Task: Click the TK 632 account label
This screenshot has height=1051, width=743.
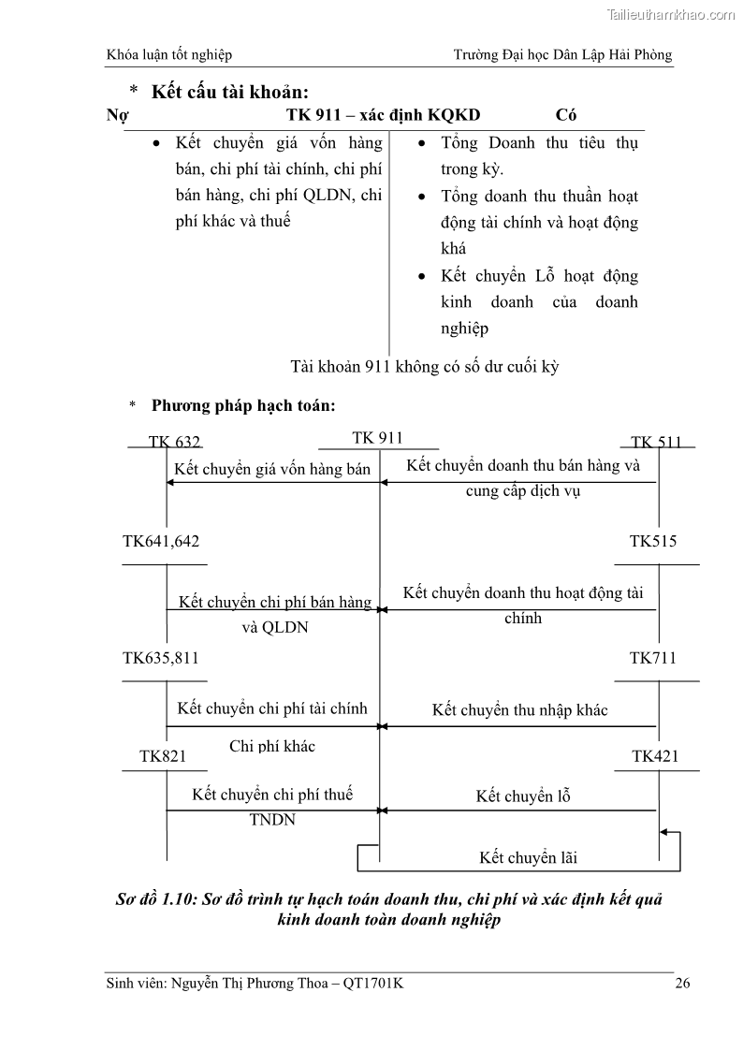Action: (174, 443)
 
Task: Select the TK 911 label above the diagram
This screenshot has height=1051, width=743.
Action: (377, 438)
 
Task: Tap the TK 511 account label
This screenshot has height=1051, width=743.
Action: (656, 443)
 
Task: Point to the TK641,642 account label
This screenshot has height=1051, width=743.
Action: (161, 542)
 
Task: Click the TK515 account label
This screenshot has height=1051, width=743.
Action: (653, 542)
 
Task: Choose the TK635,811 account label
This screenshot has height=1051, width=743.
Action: (161, 658)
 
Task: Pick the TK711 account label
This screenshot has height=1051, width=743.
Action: (653, 658)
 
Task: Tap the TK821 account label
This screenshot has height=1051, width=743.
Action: (163, 756)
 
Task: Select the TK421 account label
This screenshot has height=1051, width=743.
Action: (655, 756)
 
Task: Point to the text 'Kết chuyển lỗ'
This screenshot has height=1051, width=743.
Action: (523, 796)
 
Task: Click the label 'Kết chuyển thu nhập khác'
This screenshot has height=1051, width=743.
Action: (519, 710)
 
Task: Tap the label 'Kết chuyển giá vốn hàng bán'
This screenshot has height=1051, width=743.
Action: (272, 469)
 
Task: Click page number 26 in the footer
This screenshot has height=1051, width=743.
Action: (682, 983)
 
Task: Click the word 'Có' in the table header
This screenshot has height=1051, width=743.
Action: (565, 116)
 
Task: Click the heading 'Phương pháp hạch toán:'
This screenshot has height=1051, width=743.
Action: (243, 406)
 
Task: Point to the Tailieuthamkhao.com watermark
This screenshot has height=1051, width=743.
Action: (672, 14)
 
